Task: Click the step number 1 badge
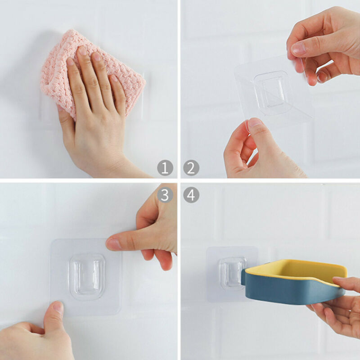(x=165, y=168)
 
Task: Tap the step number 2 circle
(x=191, y=168)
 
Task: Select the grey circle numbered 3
(x=165, y=195)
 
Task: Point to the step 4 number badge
(x=191, y=195)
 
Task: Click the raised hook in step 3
(x=87, y=277)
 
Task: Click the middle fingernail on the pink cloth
(x=82, y=51)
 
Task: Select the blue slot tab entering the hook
(x=243, y=277)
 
